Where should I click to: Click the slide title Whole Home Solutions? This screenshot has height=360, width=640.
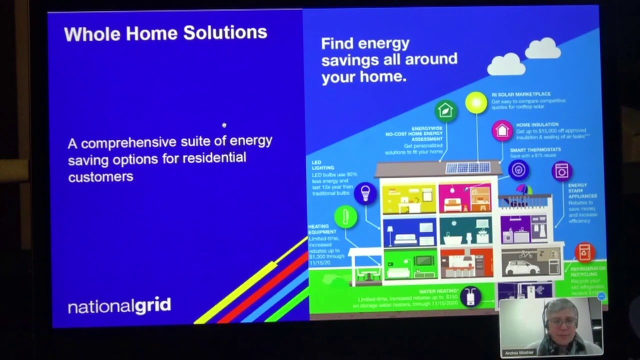[x=165, y=33]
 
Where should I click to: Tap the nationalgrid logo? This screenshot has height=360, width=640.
[x=119, y=305]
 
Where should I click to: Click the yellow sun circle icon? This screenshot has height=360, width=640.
[x=476, y=102]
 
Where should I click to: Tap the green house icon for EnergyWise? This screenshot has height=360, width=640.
[x=445, y=110]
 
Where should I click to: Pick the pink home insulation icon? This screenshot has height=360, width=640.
[x=502, y=130]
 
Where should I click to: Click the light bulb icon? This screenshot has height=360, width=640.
[x=365, y=193]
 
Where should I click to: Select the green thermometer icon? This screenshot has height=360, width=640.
[x=345, y=217]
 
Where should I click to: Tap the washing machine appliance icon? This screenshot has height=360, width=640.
[x=562, y=171]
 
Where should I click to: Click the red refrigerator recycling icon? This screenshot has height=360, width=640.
[x=584, y=252]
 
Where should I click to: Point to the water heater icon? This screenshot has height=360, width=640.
[x=470, y=296]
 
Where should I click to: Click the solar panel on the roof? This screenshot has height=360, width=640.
[x=468, y=167]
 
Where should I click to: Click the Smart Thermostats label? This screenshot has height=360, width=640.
[x=535, y=149]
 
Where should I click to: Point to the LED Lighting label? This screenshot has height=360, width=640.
[x=323, y=165]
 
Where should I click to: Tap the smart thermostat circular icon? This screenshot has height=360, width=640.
[x=518, y=169]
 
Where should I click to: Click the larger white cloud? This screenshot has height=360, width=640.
[x=506, y=64]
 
